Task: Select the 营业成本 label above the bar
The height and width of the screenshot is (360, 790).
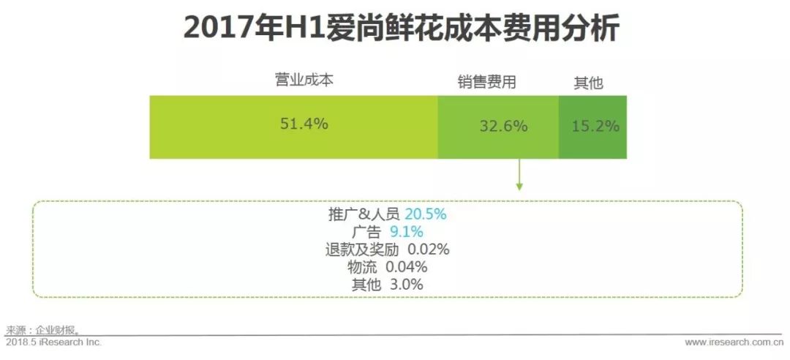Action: (304, 80)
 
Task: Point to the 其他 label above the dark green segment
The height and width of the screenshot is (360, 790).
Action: (588, 83)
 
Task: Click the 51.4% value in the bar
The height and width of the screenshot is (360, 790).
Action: (304, 124)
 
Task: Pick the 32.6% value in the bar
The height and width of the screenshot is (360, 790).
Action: (503, 126)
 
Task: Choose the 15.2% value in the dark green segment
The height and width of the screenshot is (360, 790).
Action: (595, 126)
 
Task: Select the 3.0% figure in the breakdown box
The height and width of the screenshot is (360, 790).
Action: (405, 285)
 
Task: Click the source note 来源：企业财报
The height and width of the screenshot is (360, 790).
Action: (42, 330)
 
